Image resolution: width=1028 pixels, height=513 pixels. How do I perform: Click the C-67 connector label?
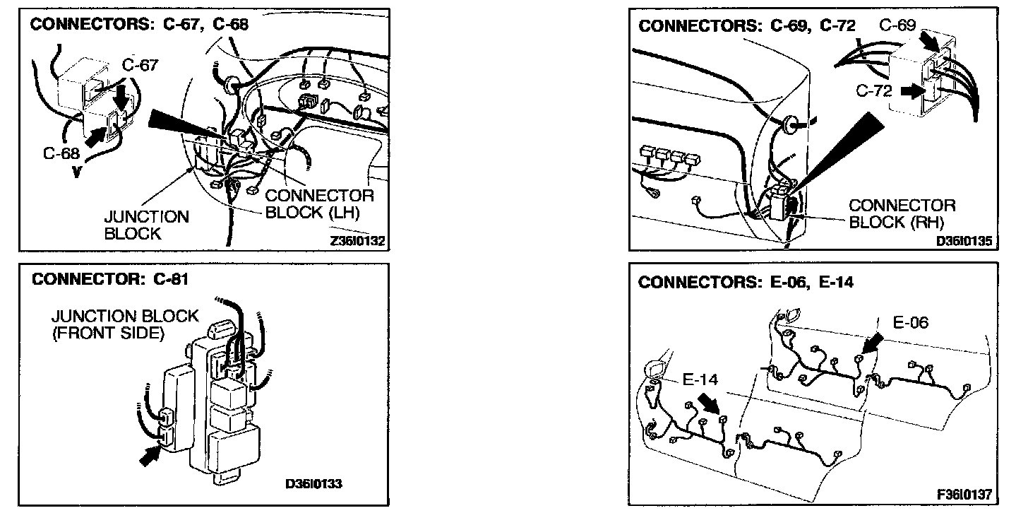140,65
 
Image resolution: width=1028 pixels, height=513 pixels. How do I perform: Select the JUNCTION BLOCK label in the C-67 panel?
146,225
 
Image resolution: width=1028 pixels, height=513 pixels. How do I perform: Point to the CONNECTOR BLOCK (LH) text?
319,204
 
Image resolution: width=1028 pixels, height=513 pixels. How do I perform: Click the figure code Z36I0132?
357,241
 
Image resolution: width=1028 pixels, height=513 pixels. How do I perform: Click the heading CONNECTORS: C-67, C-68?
139,24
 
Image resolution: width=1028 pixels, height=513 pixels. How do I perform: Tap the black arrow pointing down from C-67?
121,93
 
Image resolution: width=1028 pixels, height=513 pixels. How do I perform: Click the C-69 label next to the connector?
898,25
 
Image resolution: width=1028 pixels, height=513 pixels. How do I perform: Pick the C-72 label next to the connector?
875,90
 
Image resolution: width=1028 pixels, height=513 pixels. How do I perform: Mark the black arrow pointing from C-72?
911,90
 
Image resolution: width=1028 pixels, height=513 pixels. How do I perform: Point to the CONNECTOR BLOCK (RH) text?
902,213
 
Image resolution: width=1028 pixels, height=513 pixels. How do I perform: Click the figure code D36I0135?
964,241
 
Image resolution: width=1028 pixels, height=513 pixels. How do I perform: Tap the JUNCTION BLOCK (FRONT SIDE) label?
126,324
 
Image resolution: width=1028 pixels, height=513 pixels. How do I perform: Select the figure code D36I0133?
314,484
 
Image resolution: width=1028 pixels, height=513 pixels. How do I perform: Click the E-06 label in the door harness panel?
911,322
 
